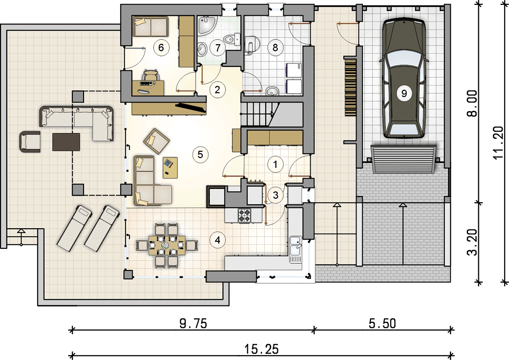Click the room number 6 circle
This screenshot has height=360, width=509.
(x=161, y=48)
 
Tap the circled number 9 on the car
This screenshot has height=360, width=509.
(x=404, y=94)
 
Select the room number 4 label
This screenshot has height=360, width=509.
(x=217, y=240)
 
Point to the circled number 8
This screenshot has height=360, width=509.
(x=275, y=48)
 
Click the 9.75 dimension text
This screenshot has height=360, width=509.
(x=193, y=324)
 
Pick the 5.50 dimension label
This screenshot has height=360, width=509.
(x=382, y=324)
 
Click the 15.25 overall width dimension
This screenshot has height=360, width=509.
(x=261, y=349)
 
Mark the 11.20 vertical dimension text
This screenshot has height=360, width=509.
(x=498, y=143)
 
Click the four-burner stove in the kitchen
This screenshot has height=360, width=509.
(x=245, y=216)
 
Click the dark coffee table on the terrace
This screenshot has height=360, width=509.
(x=66, y=142)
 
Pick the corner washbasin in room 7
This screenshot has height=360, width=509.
(x=205, y=25)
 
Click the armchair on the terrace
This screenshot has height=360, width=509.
(x=30, y=142)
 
